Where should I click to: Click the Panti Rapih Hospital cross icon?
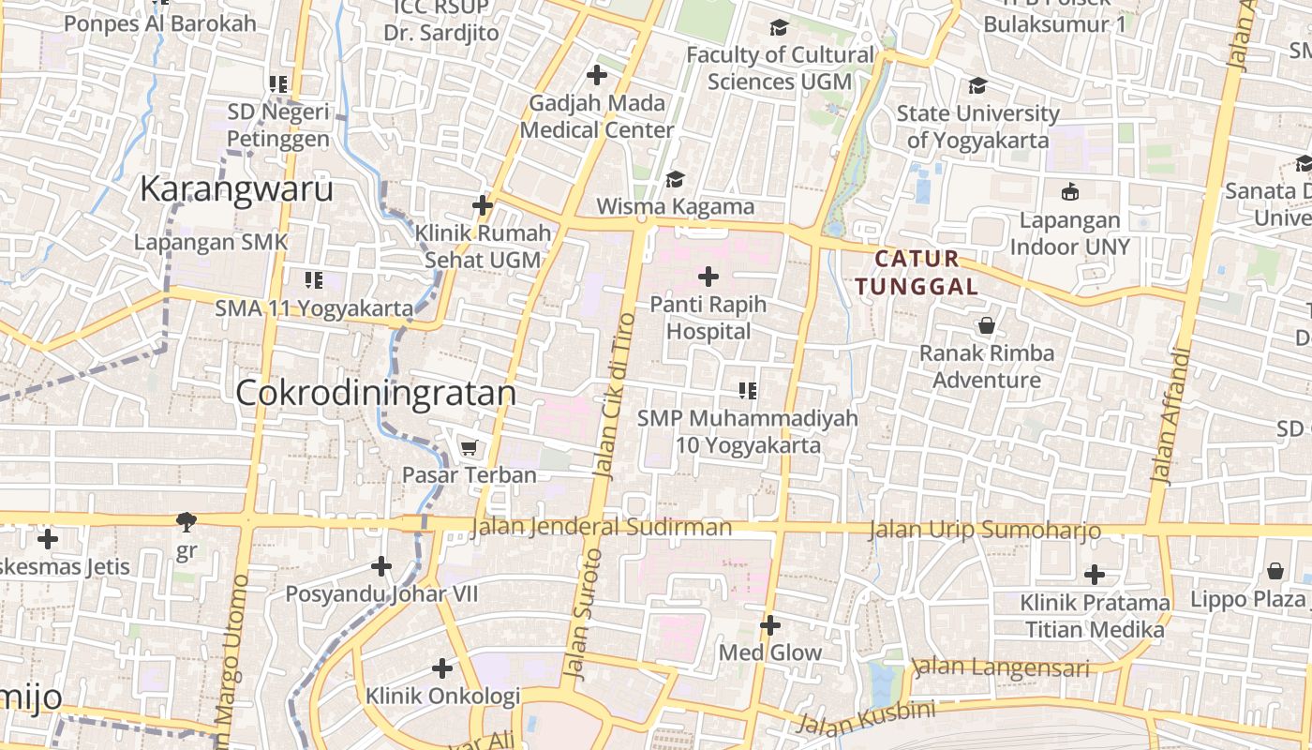(708, 277)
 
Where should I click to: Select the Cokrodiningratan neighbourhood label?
(376, 393)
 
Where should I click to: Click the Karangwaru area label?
(236, 189)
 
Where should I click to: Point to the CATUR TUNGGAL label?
(917, 272)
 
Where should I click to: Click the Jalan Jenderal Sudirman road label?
(601, 527)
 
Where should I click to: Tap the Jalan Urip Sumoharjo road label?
(984, 531)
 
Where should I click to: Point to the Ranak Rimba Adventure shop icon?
(986, 326)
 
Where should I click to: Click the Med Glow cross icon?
(769, 625)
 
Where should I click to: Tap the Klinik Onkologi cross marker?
(441, 668)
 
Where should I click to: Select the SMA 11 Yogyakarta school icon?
(313, 279)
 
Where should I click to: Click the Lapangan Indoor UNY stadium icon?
(1069, 192)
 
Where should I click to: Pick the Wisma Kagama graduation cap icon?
(675, 178)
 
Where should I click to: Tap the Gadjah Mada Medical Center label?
(597, 116)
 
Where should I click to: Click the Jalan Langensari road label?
(1001, 667)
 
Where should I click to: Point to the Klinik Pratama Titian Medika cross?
(1094, 574)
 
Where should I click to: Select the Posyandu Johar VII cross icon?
(380, 566)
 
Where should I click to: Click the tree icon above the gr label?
(186, 521)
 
